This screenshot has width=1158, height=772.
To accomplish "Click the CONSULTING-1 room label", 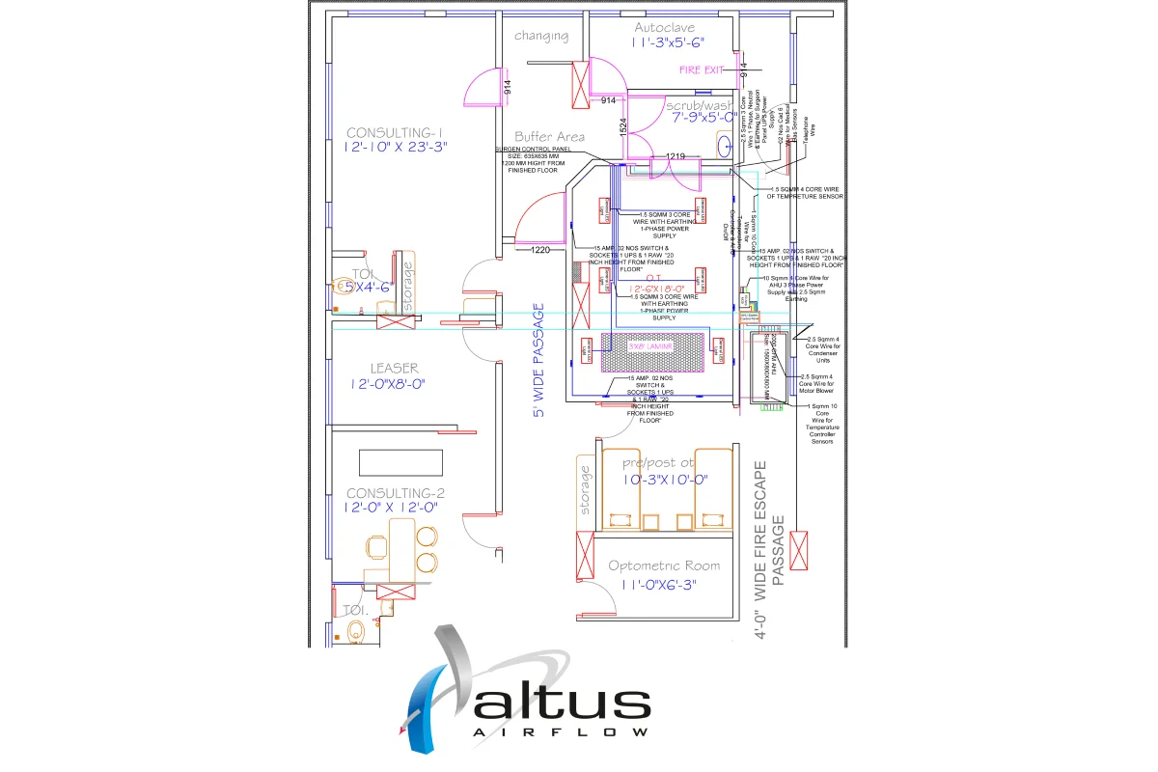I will pos(394,132).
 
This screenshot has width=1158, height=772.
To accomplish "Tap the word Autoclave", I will pos(665,27).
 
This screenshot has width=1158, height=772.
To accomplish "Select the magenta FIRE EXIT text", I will pos(702,70).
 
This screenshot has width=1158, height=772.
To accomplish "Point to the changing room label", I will pos(541,37).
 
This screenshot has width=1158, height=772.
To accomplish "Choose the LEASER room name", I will pos(394,368).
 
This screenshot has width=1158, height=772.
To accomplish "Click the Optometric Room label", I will pos(664,565).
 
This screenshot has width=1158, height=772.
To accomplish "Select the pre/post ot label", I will pos(658,463).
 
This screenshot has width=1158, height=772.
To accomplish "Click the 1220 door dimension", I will pos(539,250).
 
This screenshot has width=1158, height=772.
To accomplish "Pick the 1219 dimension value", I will pos(675,156).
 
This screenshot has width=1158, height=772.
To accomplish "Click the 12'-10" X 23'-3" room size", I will pos(397,147).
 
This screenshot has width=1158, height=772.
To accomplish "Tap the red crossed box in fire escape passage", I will pos(800,550).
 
